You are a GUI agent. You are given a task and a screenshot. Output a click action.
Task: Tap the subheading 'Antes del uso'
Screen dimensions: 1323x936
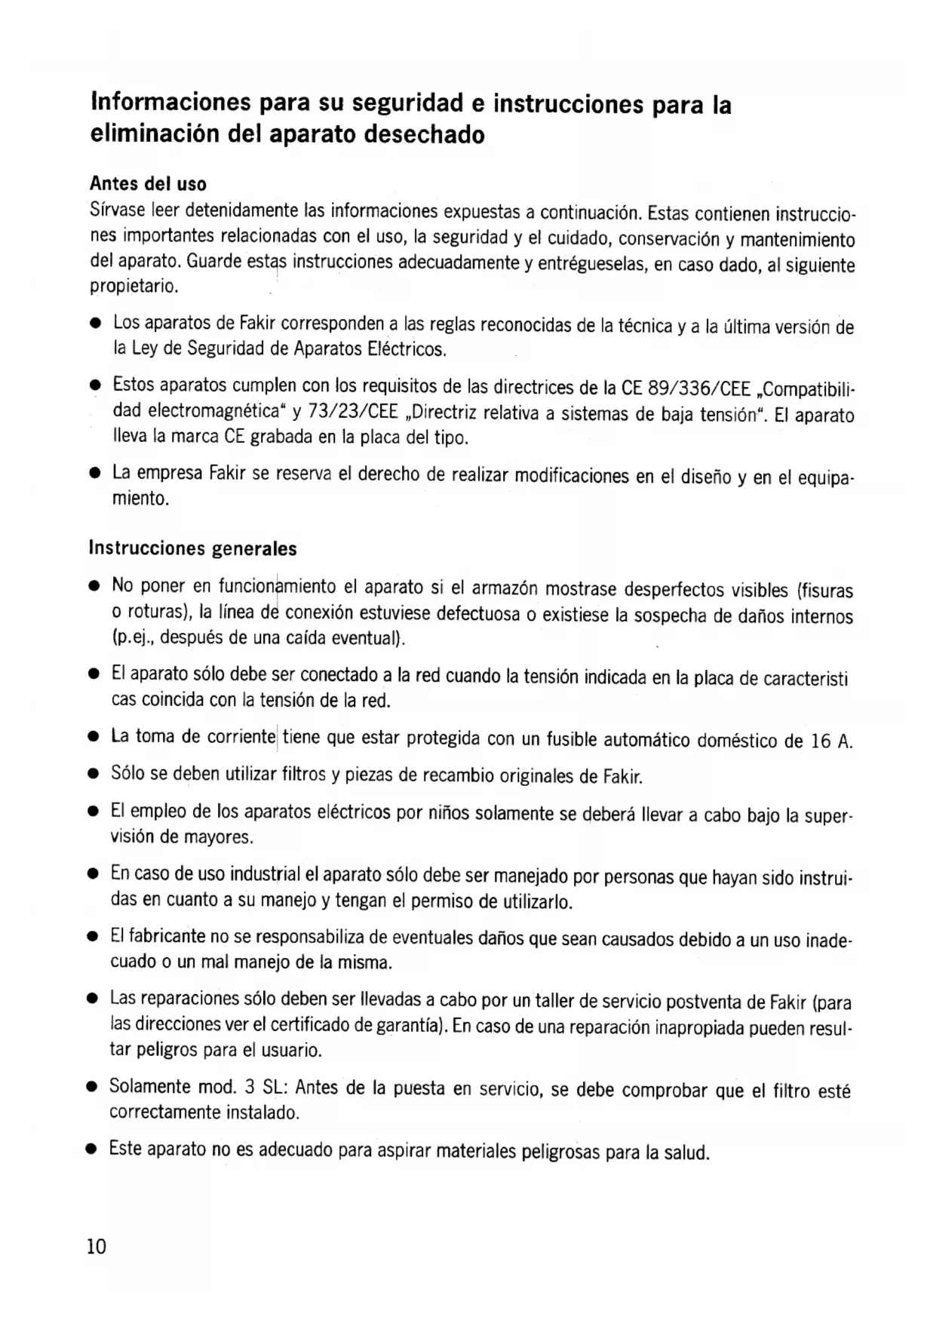[x=148, y=184]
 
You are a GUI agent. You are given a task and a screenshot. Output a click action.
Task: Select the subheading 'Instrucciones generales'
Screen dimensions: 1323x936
[x=193, y=548]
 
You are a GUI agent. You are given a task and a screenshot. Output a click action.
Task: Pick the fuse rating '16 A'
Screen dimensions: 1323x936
[x=831, y=741]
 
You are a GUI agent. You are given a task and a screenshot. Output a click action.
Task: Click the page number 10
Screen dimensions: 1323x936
[x=97, y=1246]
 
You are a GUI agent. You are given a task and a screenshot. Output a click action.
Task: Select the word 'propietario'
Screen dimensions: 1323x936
[x=133, y=287]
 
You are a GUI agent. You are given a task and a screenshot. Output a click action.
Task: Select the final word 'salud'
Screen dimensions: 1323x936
[x=686, y=1153]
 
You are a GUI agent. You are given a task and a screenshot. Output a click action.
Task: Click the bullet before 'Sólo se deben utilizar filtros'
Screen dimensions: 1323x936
[x=94, y=774]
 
